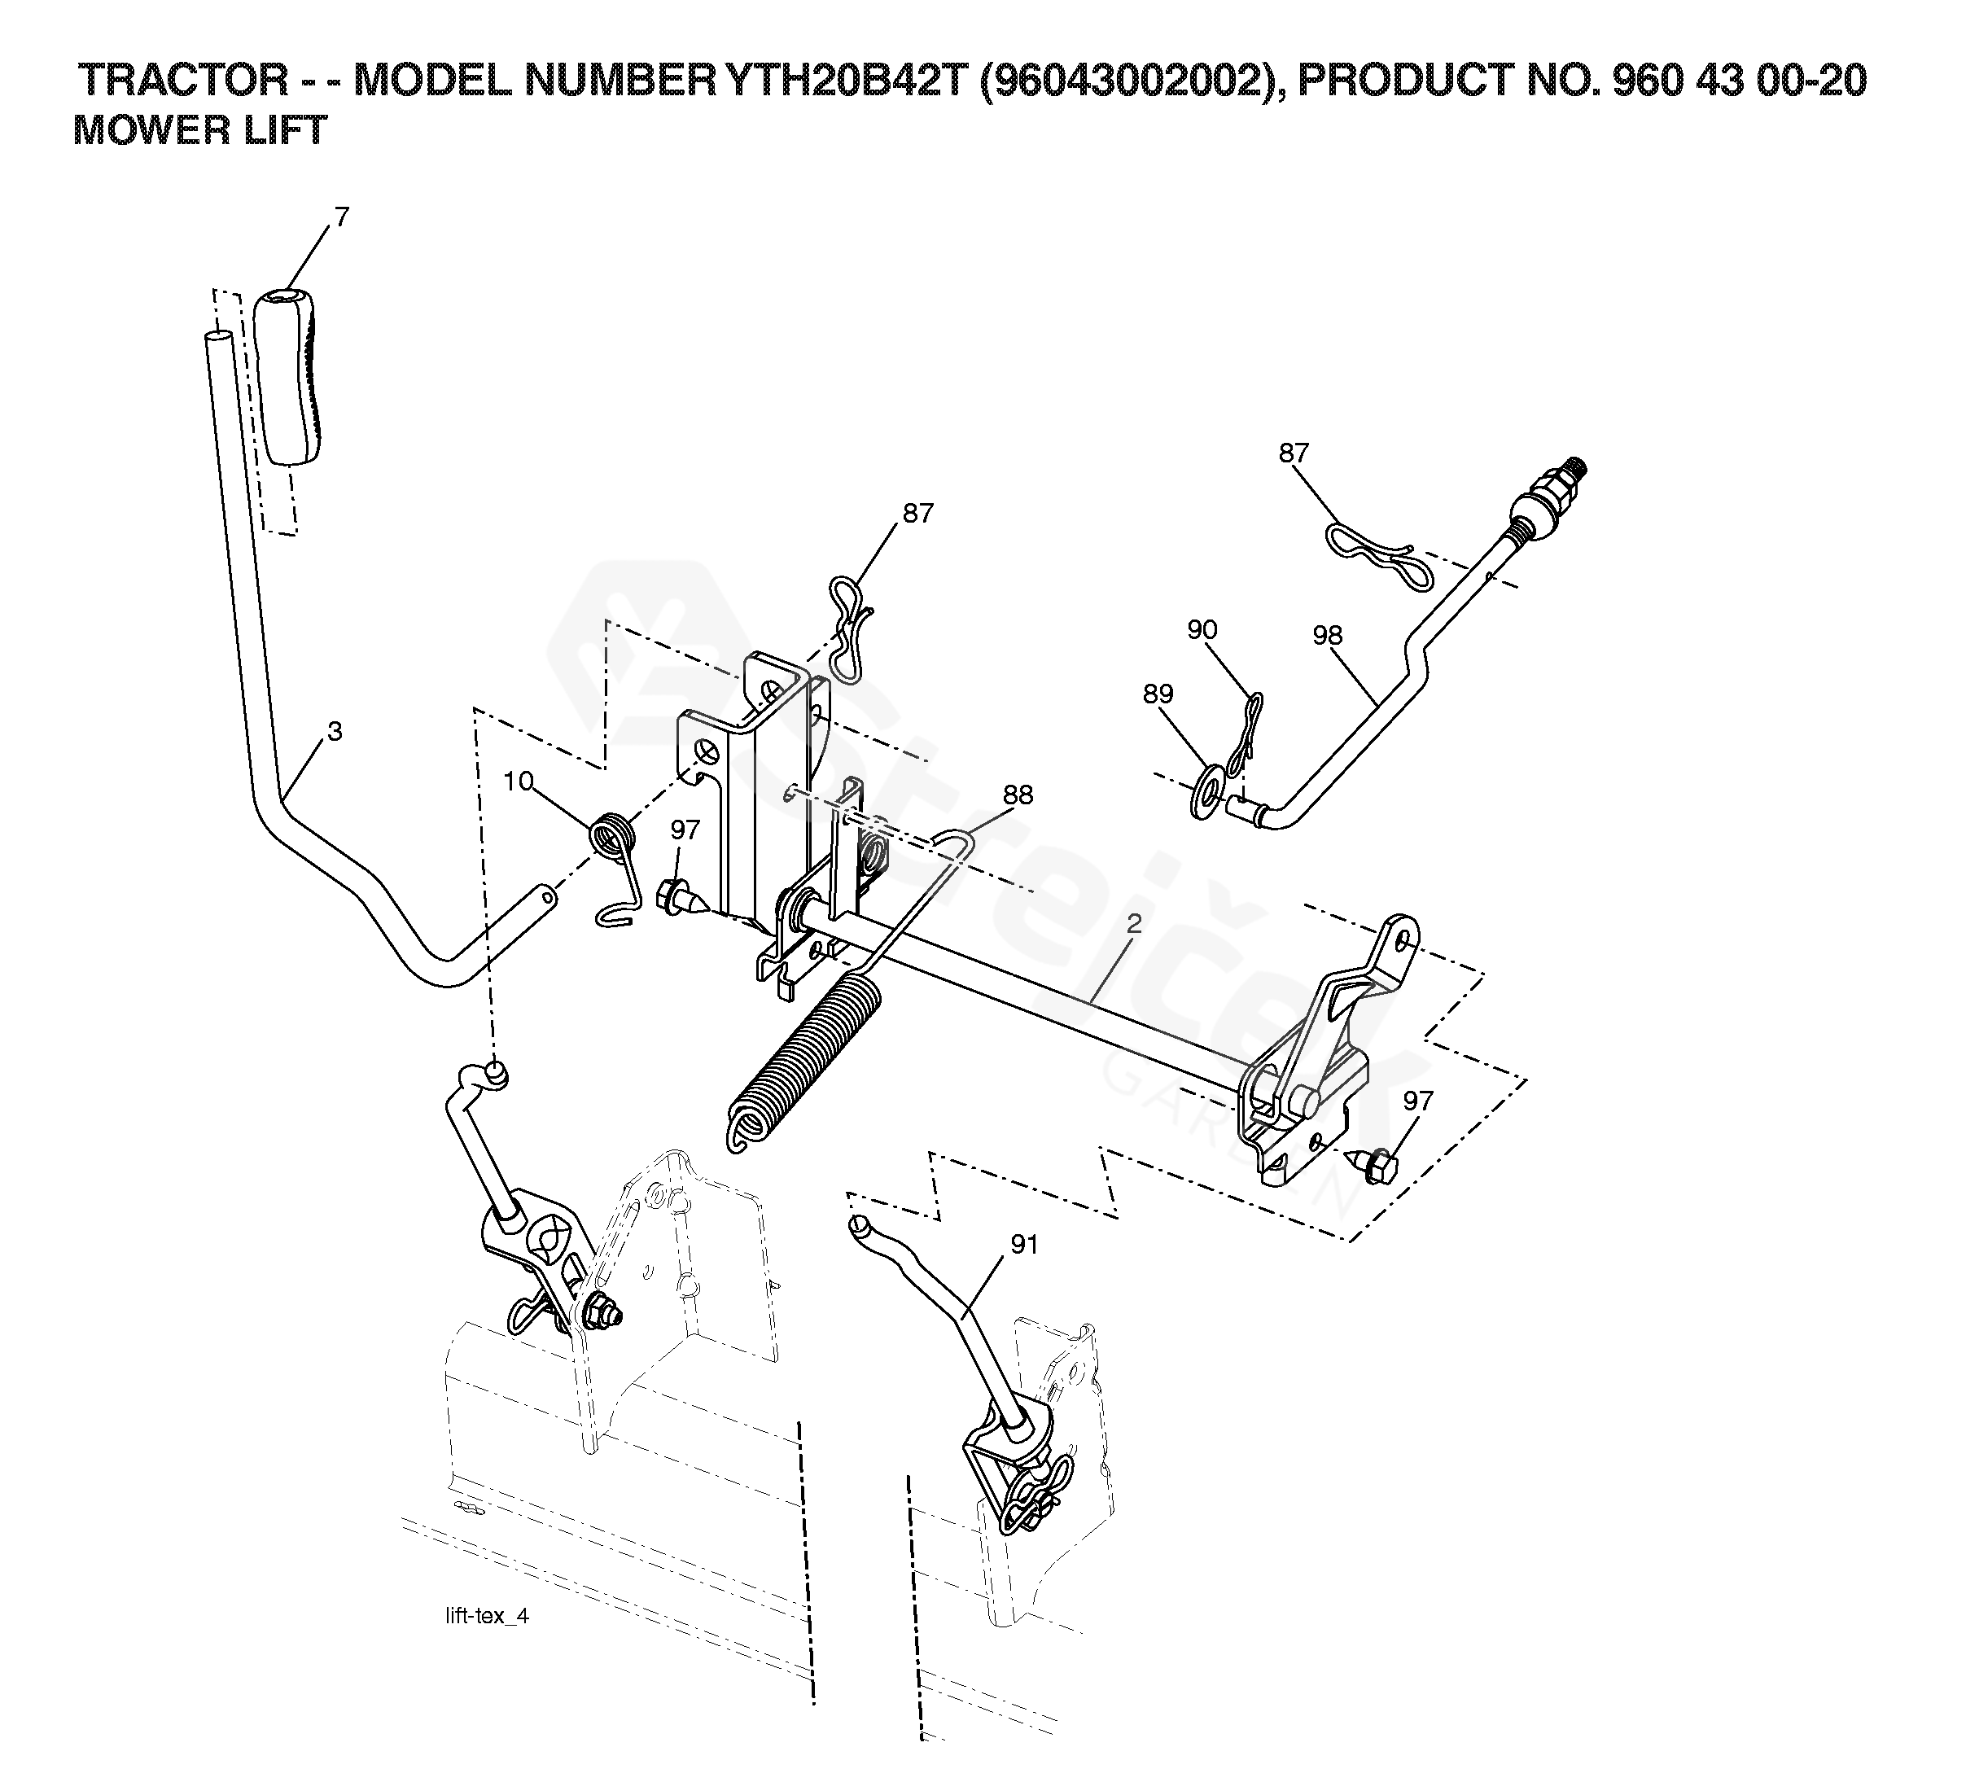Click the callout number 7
click(x=341, y=217)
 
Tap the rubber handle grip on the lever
click(x=291, y=377)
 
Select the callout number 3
click(x=334, y=731)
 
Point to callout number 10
click(x=518, y=781)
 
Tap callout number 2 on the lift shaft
click(x=1134, y=922)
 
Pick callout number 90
click(x=1202, y=629)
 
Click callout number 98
click(x=1327, y=636)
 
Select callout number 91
click(x=1023, y=1245)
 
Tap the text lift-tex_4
click(x=487, y=1616)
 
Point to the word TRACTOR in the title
click(x=182, y=81)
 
